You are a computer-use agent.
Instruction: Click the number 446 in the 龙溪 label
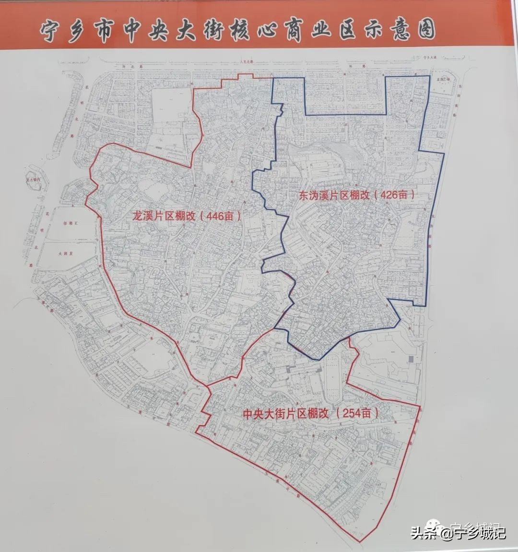tap(215, 216)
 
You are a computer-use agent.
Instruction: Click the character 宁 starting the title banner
tap(50, 32)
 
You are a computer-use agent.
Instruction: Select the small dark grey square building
tap(411, 358)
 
